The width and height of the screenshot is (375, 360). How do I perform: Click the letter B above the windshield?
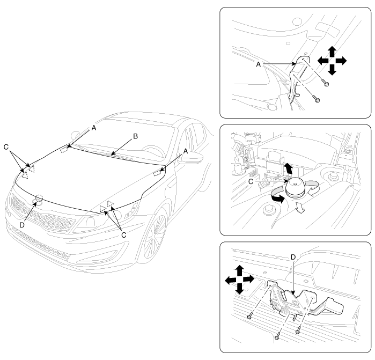coord(135,136)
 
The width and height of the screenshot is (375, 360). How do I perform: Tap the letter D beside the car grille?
coord(22,225)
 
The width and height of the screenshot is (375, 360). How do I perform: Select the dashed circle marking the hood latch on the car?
coord(39,198)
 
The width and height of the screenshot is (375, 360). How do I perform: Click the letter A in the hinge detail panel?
coord(258,64)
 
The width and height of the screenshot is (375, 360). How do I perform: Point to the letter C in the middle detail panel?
coord(251,182)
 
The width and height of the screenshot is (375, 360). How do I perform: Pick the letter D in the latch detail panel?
coord(293,258)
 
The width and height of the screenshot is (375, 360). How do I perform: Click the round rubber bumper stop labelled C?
coord(295,187)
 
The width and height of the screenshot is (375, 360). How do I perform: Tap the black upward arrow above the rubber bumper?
coord(289,168)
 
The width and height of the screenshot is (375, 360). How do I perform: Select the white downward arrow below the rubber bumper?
coord(300,207)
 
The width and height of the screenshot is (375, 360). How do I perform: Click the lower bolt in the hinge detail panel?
coord(317,99)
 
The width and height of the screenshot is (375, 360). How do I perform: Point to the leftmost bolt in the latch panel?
coord(250,316)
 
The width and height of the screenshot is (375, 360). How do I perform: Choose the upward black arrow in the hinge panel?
coord(332,52)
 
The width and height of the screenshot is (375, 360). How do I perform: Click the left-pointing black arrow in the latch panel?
coord(231,280)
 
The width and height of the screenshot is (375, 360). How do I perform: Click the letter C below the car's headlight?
coord(123,235)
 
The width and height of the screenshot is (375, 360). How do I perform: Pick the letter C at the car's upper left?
coord(6,147)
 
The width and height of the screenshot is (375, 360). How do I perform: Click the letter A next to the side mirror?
coord(186,151)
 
